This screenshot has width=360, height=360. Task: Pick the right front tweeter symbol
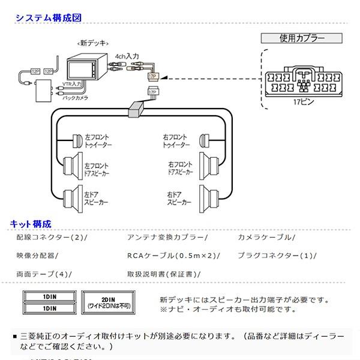pyautogui.click(x=202, y=141)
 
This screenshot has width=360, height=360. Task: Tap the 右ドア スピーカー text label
pyautogui.click(x=178, y=200)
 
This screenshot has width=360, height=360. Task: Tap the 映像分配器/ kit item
pyautogui.click(x=37, y=256)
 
